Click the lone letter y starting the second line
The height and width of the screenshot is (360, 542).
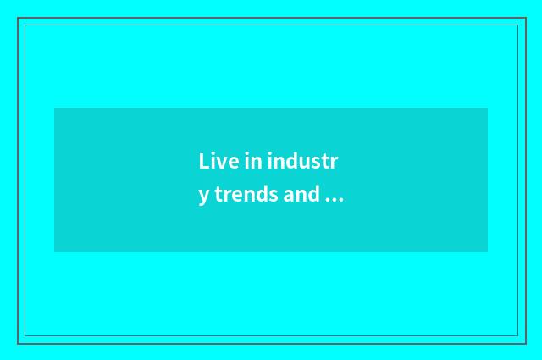point(204,197)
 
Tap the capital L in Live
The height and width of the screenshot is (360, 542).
point(204,161)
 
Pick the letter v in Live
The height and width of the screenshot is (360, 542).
point(218,163)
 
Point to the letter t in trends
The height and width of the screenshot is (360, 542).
point(218,195)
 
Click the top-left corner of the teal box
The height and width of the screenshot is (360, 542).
point(55,108)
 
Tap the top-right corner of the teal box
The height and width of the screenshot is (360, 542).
point(487,108)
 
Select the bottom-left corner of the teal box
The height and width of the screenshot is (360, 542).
point(55,251)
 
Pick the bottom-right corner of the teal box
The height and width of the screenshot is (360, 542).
point(487,251)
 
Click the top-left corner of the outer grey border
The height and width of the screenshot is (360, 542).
point(18,18)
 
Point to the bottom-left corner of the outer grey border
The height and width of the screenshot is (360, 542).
point(18,343)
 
